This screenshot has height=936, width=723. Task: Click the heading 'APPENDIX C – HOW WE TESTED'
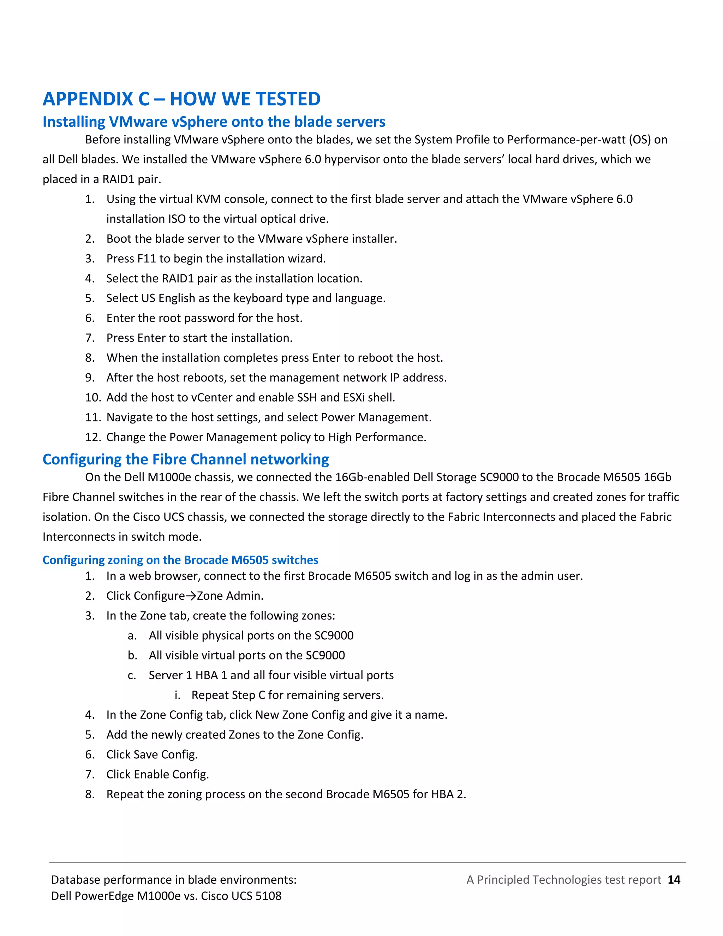pyautogui.click(x=181, y=99)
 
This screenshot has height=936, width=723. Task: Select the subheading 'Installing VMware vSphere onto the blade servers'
pyautogui.click(x=214, y=122)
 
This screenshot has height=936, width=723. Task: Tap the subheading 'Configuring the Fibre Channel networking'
pyautogui.click(x=185, y=460)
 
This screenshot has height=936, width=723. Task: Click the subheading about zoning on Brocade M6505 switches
pyautogui.click(x=180, y=560)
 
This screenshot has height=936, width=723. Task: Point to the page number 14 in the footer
pyautogui.click(x=674, y=879)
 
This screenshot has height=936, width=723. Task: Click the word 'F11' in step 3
pyautogui.click(x=146, y=259)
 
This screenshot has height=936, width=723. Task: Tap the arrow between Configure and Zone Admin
pyautogui.click(x=191, y=596)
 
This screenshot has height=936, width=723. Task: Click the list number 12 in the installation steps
pyautogui.click(x=92, y=438)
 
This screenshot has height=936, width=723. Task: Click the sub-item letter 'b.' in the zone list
pyautogui.click(x=132, y=656)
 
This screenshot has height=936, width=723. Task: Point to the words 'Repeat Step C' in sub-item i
pyautogui.click(x=228, y=695)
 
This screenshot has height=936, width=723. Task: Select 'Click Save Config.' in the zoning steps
pyautogui.click(x=152, y=755)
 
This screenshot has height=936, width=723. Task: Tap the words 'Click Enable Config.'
pyautogui.click(x=157, y=775)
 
